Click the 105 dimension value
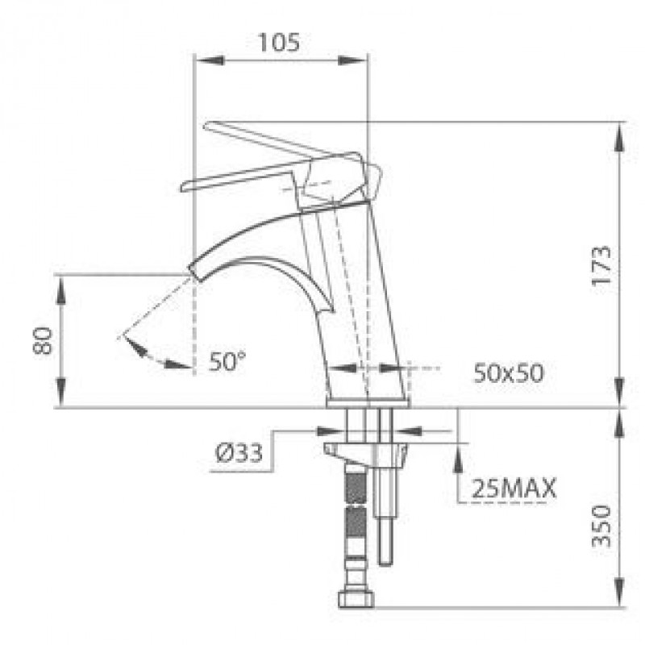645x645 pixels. click(279, 42)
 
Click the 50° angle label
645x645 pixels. click(227, 361)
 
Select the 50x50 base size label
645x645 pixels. click(508, 372)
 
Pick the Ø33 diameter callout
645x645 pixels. click(239, 454)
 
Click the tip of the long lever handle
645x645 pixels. click(208, 126)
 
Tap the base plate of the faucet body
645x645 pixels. click(368, 401)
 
